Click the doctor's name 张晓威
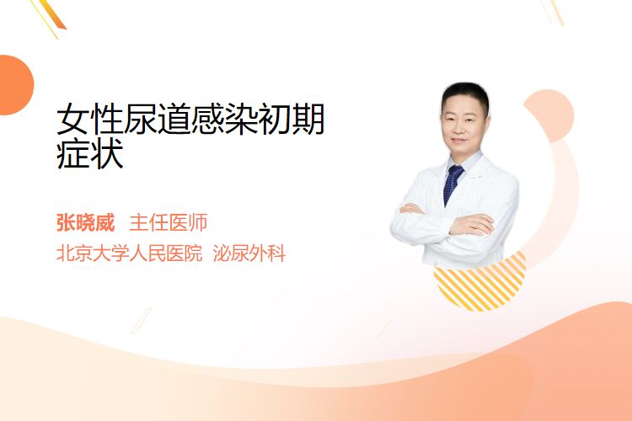click(85, 223)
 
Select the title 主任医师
click(168, 223)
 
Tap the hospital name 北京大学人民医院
click(130, 253)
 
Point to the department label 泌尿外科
click(249, 253)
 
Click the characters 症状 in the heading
click(90, 154)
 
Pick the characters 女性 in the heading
click(90, 119)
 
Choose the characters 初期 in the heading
click(291, 119)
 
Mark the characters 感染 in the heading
click(224, 119)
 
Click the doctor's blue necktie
click(453, 184)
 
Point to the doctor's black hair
click(464, 94)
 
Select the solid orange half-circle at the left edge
click(15, 85)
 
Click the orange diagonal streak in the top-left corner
click(51, 16)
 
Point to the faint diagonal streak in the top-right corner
click(552, 12)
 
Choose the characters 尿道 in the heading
click(158, 119)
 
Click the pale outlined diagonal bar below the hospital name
click(141, 321)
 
